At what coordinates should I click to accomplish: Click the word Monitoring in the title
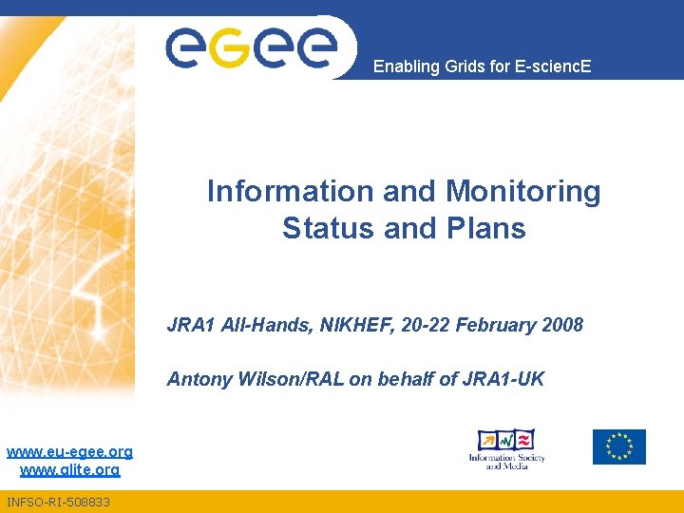[x=523, y=192]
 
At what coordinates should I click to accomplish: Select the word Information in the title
[x=291, y=192]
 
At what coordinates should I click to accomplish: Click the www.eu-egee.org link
[x=69, y=451]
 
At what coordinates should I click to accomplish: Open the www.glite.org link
[x=69, y=469]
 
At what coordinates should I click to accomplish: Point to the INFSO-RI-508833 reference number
[x=58, y=501]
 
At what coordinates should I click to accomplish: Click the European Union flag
[x=618, y=446]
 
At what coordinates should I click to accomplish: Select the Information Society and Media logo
[x=505, y=447]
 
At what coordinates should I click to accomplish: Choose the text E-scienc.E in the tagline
[x=554, y=66]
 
